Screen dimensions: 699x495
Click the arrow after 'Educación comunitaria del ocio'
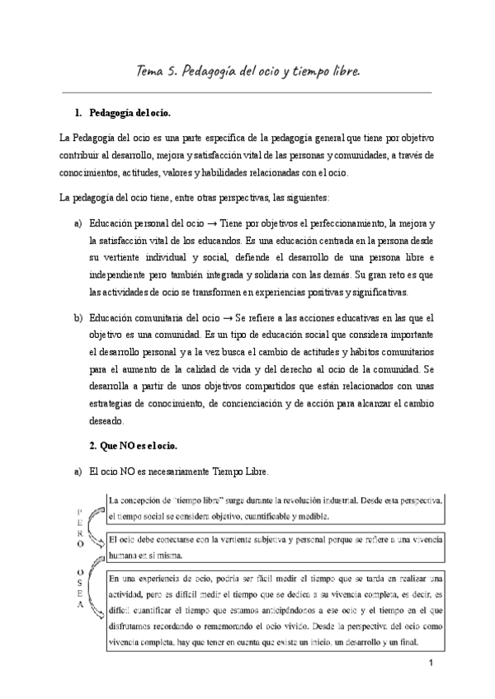[x=239, y=317]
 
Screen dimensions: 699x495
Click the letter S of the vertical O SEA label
[x=79, y=580]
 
